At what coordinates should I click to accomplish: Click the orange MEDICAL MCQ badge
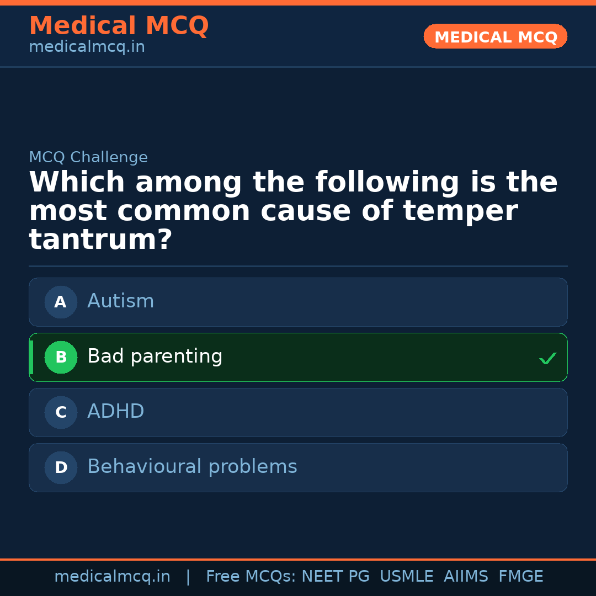(495, 36)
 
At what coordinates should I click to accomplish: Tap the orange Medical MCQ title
(119, 26)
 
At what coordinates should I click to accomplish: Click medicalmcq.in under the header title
(87, 47)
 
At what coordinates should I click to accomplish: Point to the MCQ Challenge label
(88, 157)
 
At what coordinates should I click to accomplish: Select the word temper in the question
(460, 211)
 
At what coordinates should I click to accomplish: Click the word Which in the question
(77, 183)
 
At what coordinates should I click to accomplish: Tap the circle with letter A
(61, 302)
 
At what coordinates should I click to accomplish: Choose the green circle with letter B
(61, 357)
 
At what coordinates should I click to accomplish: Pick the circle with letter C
(61, 412)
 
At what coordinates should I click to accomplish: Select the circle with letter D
(61, 467)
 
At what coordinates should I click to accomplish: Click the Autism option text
(121, 301)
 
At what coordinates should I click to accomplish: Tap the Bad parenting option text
(155, 356)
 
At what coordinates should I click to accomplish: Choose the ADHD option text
(116, 412)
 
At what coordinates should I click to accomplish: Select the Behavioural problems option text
(192, 467)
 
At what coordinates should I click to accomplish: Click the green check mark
(548, 359)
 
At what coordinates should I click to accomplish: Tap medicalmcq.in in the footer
(112, 577)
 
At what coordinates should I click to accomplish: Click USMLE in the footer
(407, 577)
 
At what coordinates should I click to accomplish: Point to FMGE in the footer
(521, 577)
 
